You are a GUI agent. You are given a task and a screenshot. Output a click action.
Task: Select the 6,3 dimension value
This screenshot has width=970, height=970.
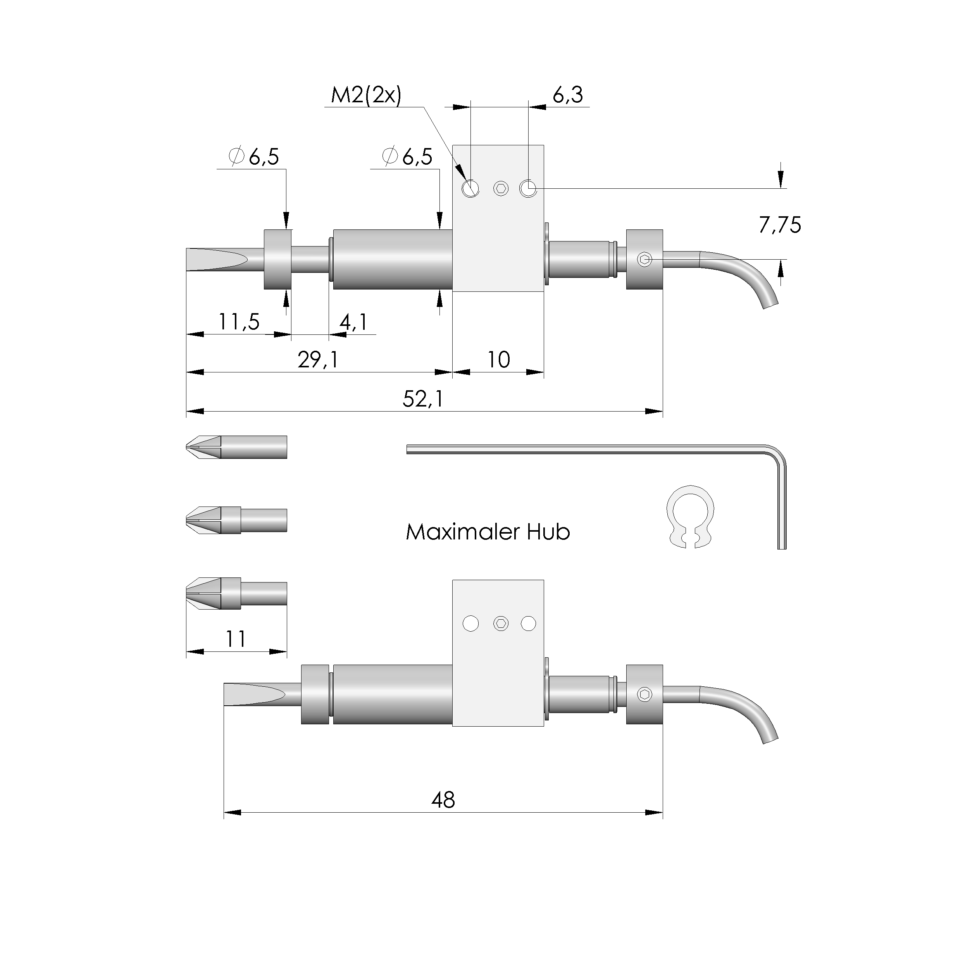coord(568,95)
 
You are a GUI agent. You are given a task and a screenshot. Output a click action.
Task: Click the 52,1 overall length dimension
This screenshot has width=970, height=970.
coord(423,399)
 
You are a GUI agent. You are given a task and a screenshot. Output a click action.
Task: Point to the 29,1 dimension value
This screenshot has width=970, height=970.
coord(318,360)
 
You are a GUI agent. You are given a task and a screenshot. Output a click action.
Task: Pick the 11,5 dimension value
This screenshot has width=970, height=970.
coord(239,322)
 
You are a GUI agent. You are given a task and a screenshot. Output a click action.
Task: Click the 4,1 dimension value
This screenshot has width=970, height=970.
coord(353,322)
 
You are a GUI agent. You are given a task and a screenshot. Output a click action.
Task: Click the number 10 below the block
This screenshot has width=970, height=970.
coord(498,360)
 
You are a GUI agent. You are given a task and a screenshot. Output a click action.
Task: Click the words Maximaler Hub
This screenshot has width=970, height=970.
coord(488,532)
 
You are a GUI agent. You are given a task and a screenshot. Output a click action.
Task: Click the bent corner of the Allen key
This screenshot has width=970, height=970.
coord(777,454)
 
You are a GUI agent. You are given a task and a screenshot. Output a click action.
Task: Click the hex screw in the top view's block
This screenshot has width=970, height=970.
coord(501,189)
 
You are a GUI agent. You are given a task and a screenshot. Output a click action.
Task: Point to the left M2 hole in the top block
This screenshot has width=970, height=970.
coord(470,189)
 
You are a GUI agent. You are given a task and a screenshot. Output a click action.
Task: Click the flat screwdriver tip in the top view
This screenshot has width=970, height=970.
coord(217,260)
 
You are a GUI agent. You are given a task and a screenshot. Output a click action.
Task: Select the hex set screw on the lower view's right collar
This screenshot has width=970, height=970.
coord(645,695)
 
